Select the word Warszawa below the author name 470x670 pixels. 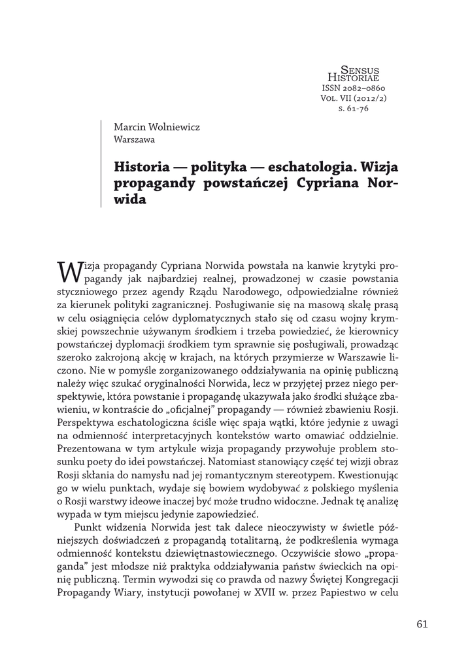[x=134, y=139]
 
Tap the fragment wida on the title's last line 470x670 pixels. [x=127, y=200]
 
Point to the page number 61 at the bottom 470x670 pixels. [x=421, y=624]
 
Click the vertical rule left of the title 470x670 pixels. [x=101, y=164]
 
